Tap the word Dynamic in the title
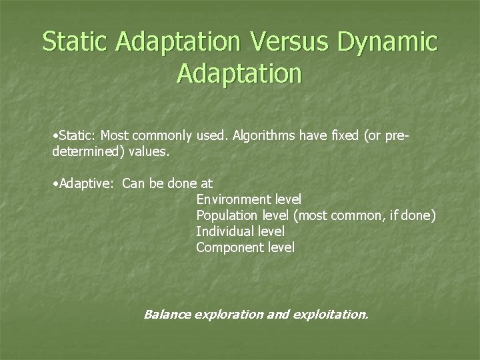(x=388, y=41)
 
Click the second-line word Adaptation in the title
(x=239, y=73)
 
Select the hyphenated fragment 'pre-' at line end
(x=397, y=136)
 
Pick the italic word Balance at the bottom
(x=167, y=314)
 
